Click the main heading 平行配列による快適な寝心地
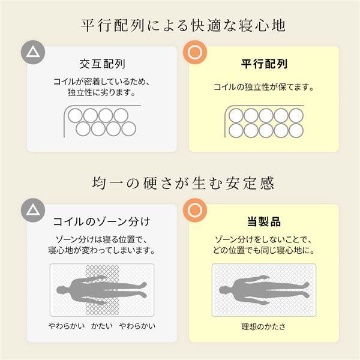pyautogui.click(x=180, y=27)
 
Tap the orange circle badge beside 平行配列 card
pyautogui.click(x=194, y=53)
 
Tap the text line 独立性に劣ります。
pyautogui.click(x=101, y=94)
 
